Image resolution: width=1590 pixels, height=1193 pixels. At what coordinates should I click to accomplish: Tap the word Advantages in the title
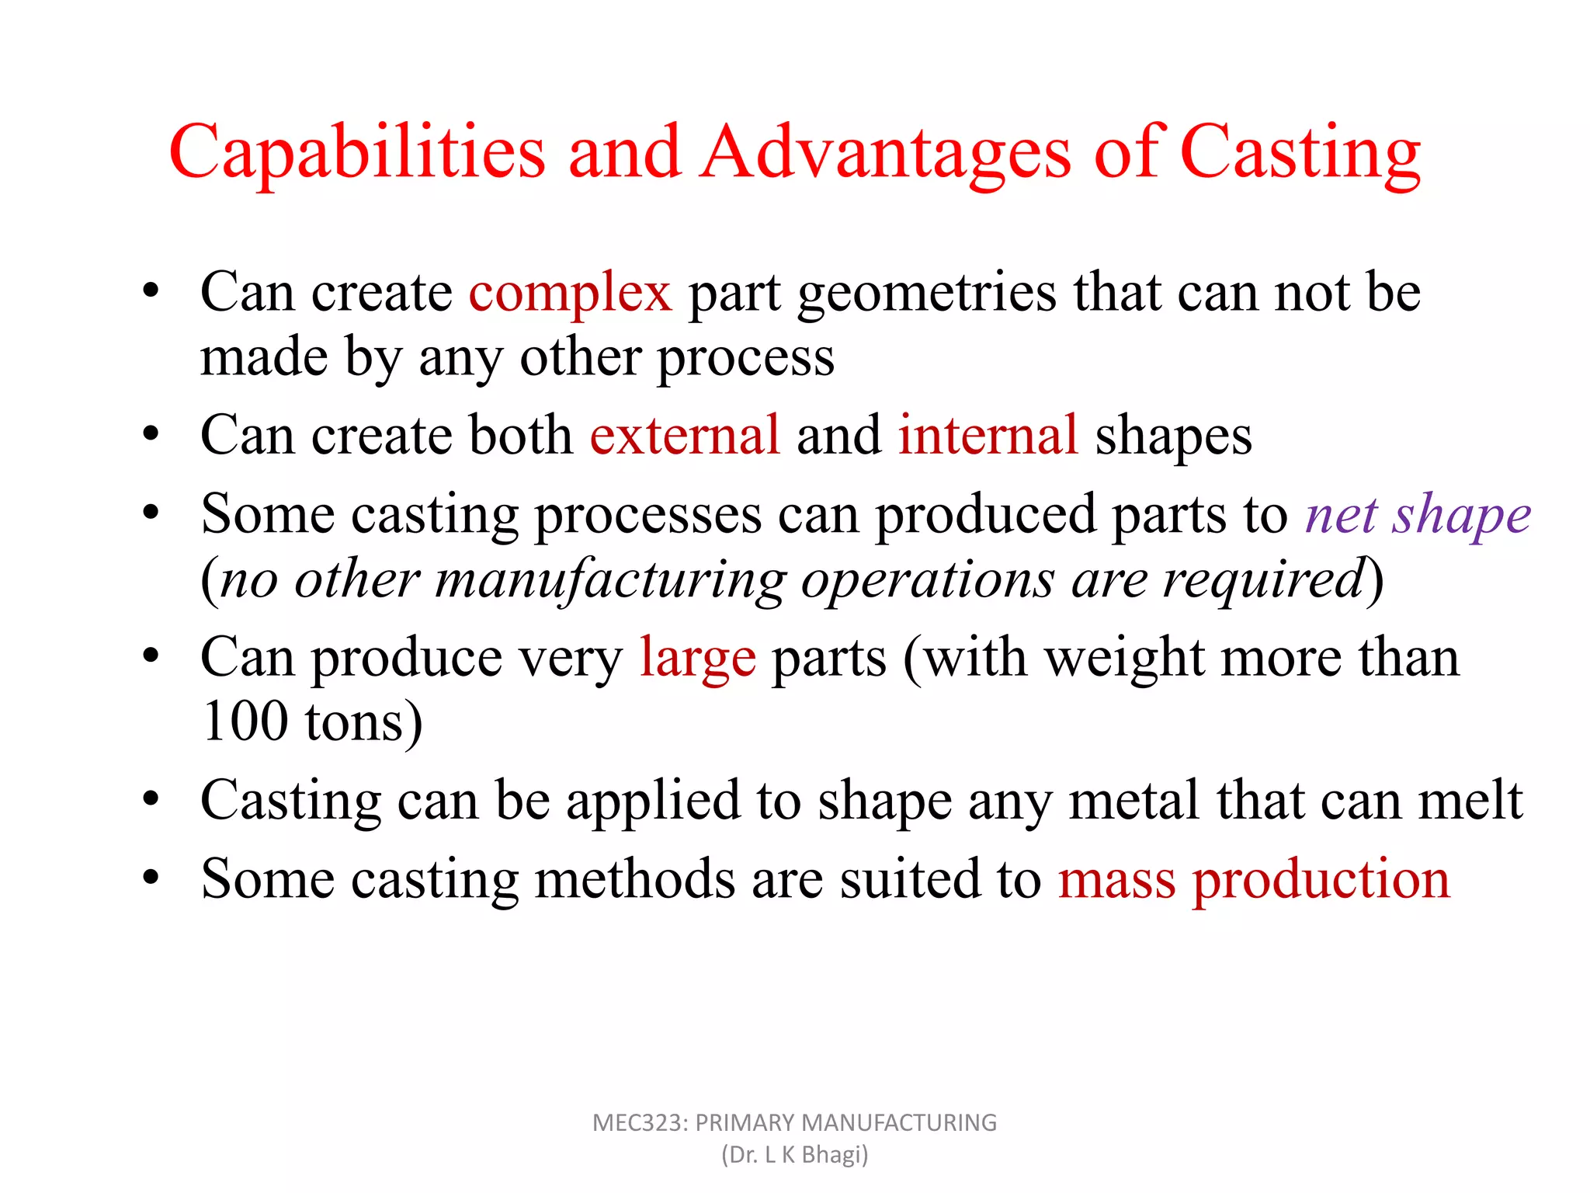(x=885, y=153)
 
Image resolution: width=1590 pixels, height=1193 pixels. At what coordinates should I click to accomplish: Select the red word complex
(x=570, y=294)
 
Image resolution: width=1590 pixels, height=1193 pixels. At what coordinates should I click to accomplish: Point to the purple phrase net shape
(x=1418, y=516)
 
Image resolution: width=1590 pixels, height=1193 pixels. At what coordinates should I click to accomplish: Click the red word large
(x=697, y=659)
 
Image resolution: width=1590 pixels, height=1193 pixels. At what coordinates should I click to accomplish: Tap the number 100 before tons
(x=245, y=722)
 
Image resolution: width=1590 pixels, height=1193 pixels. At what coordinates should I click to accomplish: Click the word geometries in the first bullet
(x=927, y=294)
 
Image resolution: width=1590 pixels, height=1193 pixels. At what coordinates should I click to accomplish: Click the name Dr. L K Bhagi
(x=794, y=1155)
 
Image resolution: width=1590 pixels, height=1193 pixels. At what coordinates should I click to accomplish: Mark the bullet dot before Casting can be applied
(x=151, y=800)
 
